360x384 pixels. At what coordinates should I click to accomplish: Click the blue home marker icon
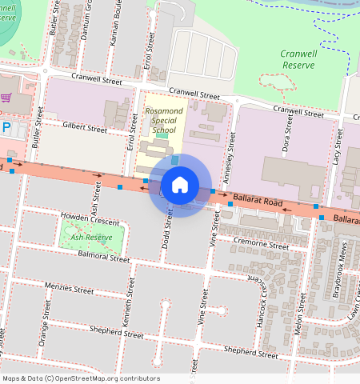click(180, 185)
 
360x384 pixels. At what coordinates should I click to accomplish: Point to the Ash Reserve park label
click(91, 238)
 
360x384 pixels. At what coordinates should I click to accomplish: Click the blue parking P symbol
click(6, 127)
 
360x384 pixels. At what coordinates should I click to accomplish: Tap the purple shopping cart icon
click(6, 98)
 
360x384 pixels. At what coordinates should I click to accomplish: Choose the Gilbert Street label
click(84, 128)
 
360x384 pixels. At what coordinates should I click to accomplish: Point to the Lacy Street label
click(337, 149)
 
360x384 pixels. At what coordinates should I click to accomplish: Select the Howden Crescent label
click(90, 218)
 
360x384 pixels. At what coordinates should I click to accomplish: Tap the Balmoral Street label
click(104, 257)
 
